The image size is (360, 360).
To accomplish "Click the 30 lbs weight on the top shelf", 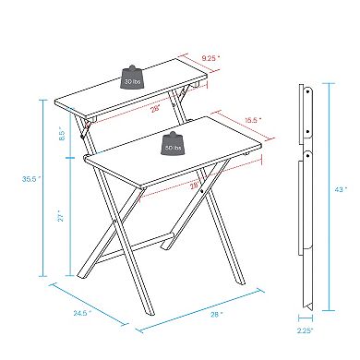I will point(130,77).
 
